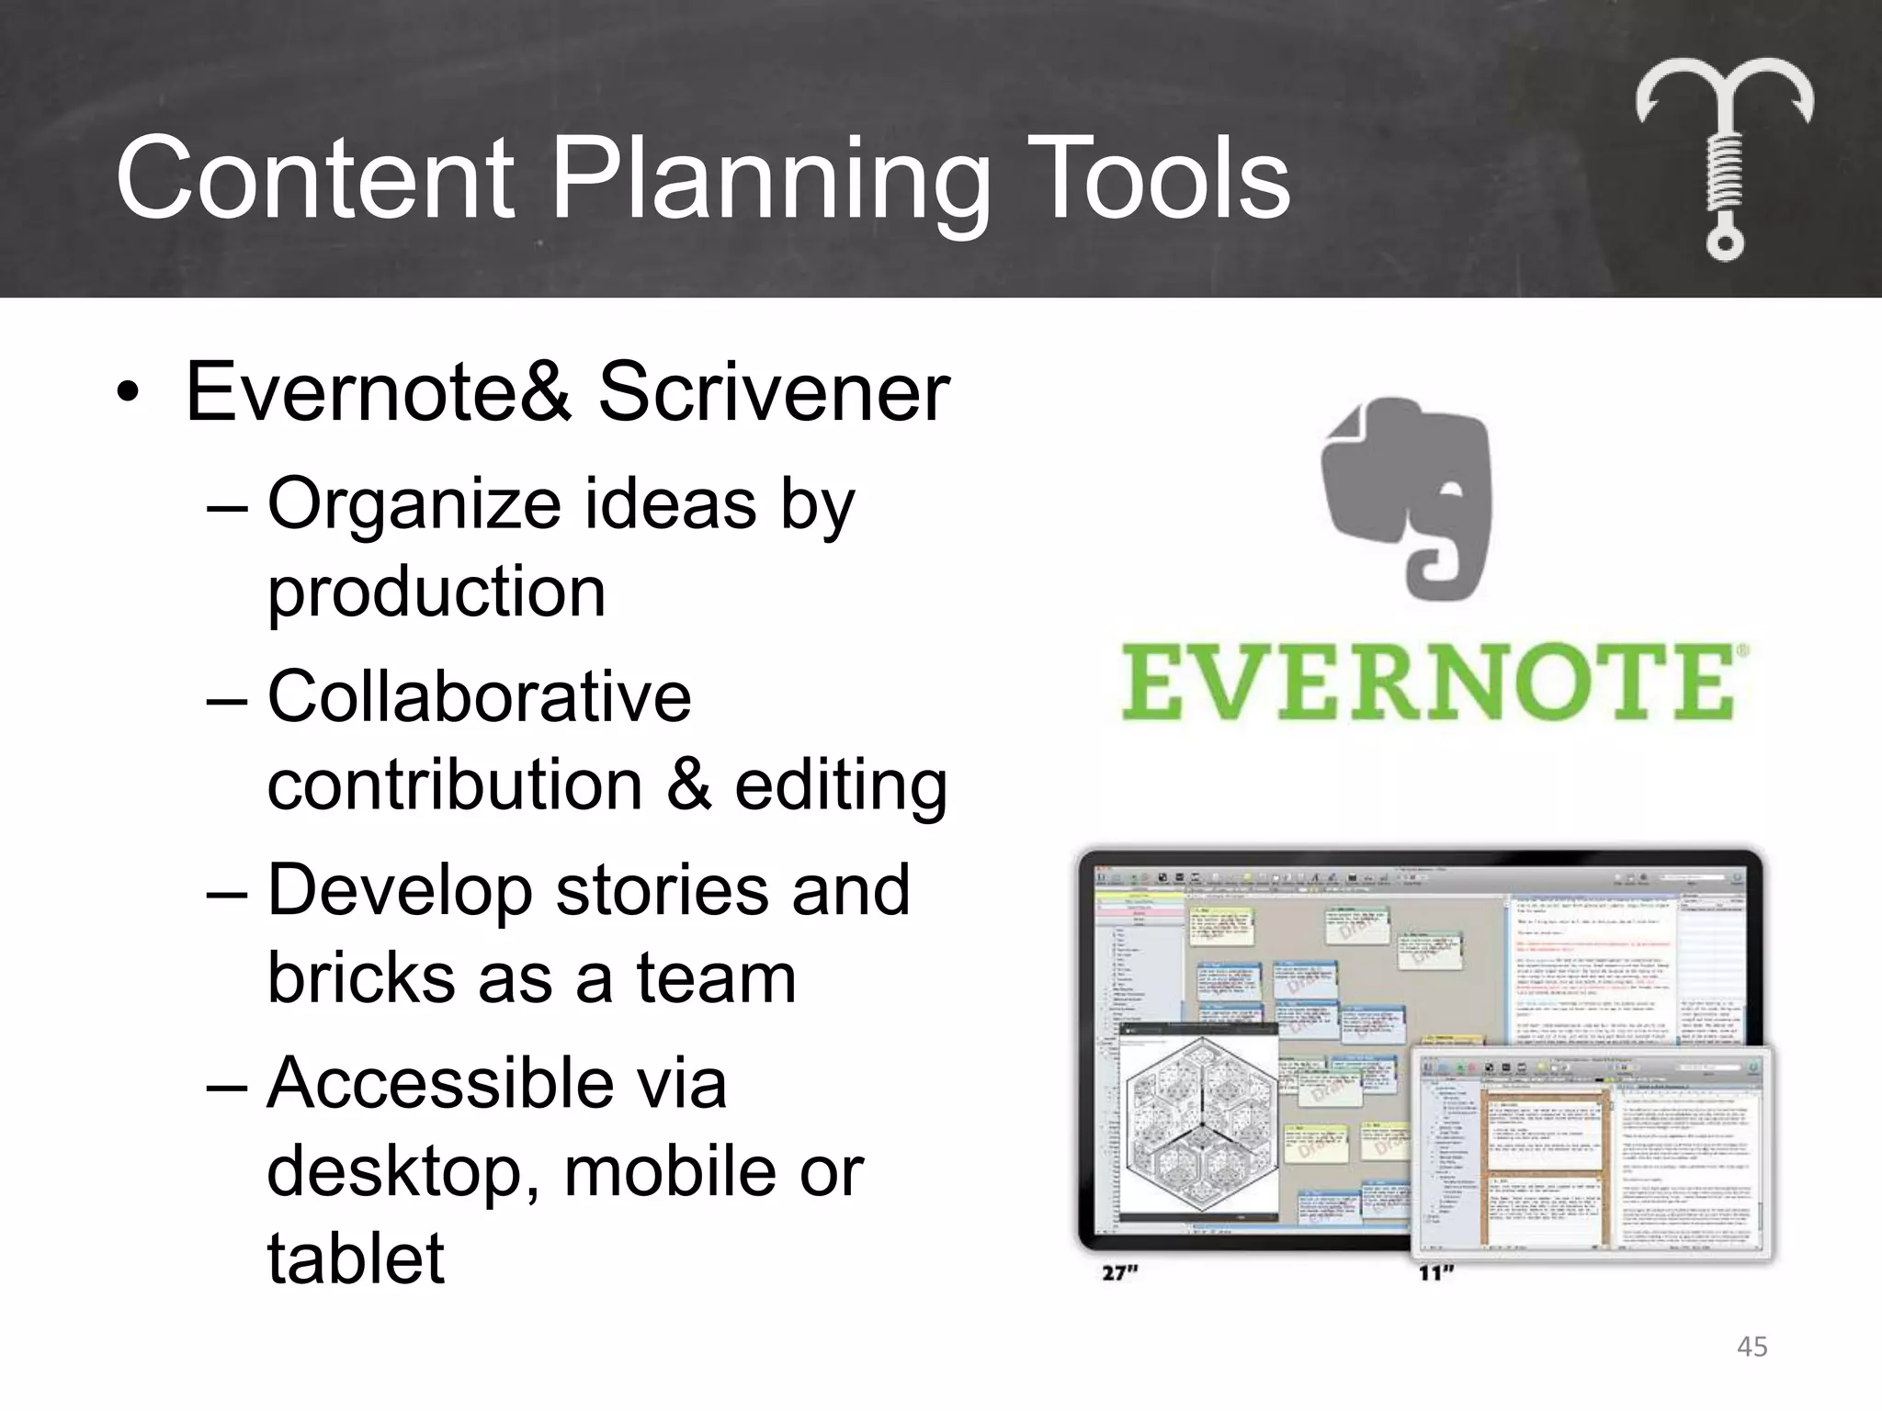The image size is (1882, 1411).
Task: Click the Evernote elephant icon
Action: (1407, 497)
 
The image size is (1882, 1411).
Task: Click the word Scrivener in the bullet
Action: (774, 392)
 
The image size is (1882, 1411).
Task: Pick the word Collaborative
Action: (479, 696)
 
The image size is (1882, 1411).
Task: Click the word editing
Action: (840, 786)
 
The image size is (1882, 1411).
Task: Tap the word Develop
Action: (400, 891)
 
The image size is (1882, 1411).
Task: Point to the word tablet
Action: (356, 1258)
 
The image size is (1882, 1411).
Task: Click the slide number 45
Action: (1752, 1347)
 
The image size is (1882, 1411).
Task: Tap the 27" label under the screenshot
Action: (1120, 1273)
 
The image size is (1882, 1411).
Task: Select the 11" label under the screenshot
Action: (1436, 1273)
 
